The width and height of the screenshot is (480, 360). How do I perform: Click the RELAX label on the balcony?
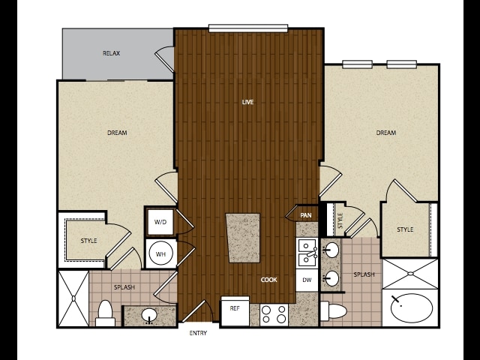111,53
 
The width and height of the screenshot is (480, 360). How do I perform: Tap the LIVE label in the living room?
247,102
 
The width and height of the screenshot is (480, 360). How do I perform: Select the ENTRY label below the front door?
198,333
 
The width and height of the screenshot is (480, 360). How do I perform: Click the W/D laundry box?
160,222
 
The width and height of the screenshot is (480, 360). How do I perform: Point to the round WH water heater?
160,253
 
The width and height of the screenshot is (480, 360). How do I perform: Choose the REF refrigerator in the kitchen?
235,311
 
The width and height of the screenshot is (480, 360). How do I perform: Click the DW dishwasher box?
307,280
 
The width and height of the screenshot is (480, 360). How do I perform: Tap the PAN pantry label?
305,215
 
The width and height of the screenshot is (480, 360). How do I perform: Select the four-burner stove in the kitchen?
274,315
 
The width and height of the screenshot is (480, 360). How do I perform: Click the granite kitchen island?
243,238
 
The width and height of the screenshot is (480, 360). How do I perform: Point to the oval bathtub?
412,308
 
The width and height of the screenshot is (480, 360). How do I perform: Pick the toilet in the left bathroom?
105,313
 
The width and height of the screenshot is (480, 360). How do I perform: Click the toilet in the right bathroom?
333,311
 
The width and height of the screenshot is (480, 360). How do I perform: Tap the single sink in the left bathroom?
149,315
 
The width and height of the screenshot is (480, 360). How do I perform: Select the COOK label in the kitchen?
268,280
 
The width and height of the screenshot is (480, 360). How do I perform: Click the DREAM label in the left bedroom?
117,133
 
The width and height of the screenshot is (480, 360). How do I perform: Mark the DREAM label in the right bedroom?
386,133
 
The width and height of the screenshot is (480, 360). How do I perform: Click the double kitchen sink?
307,253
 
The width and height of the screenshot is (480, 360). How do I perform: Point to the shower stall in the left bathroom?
73,298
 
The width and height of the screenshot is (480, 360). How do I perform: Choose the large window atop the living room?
248,28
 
